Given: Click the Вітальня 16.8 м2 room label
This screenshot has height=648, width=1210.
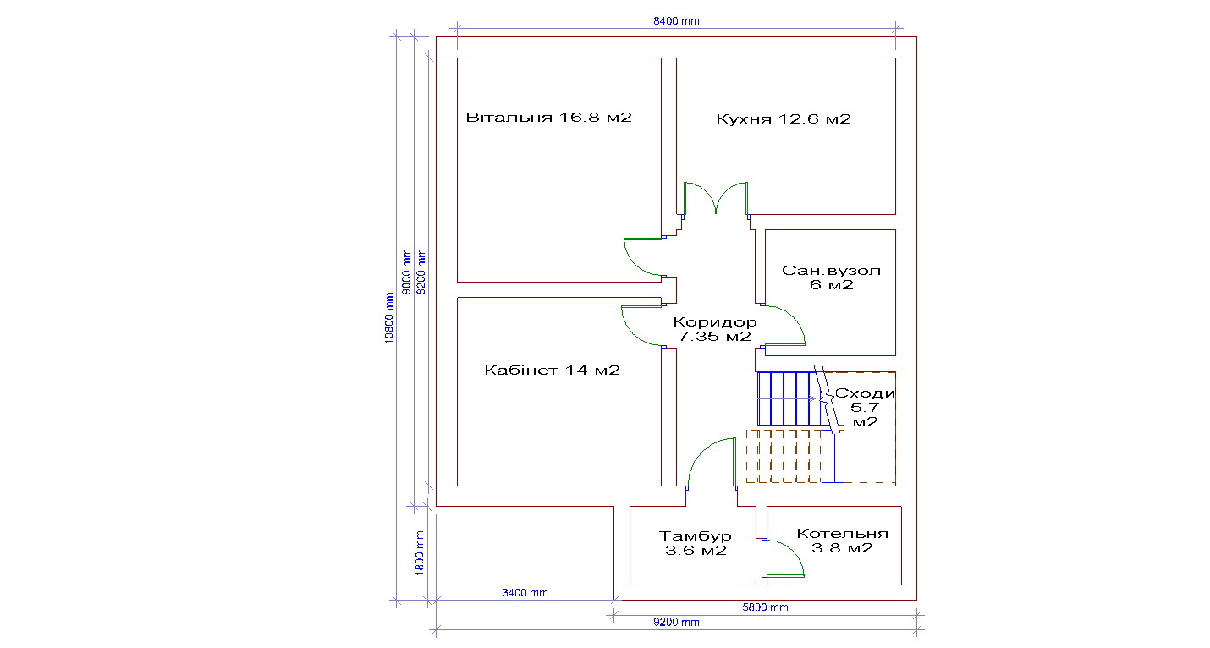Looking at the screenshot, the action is click(549, 118).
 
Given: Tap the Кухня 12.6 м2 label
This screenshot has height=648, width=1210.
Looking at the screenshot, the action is click(784, 118).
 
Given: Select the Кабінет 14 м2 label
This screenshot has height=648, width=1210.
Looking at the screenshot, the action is click(552, 370).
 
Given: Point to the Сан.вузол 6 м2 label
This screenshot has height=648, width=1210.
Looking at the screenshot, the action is click(831, 277).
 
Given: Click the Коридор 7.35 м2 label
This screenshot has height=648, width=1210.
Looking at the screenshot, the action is click(715, 329).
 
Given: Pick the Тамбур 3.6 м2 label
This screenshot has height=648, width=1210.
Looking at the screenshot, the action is click(696, 543).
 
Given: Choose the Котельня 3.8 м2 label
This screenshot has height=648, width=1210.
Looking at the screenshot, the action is click(842, 541).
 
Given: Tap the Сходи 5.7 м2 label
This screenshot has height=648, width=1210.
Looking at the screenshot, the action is click(865, 408).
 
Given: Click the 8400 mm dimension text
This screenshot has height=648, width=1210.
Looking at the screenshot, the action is click(676, 21).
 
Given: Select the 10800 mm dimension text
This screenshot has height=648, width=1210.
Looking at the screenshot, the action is click(389, 318).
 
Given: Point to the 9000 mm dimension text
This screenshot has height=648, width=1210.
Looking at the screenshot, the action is click(407, 272).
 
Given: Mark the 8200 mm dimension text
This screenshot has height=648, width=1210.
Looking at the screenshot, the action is click(421, 272).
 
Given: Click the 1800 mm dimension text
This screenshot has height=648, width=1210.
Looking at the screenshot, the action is click(419, 553).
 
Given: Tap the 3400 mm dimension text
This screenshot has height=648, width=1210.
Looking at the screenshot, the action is click(525, 593).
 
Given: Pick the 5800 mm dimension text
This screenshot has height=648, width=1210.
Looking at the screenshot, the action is click(765, 607).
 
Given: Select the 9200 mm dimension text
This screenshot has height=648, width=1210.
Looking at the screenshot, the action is click(676, 622).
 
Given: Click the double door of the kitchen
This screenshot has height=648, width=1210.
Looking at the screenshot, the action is click(716, 199).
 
